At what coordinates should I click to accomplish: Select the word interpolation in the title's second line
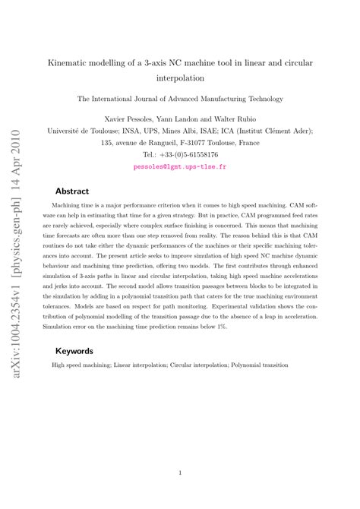[x=180, y=77]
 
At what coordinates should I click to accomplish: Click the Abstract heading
[x=72, y=191]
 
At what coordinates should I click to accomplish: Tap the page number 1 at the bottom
[x=180, y=473]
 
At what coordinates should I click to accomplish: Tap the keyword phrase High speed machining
[x=77, y=365]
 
